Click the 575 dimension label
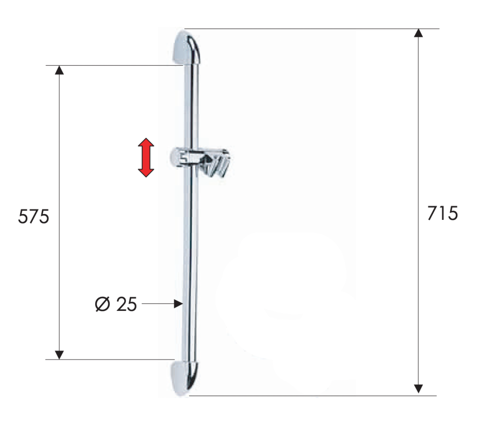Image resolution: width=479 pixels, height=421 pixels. (34, 216)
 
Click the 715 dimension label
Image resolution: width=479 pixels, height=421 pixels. (443, 213)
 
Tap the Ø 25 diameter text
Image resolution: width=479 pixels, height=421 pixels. (116, 304)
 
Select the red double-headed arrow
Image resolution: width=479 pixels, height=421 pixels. (146, 158)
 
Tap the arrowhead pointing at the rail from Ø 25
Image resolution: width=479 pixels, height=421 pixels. (178, 304)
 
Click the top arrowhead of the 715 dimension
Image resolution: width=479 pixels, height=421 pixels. (418, 33)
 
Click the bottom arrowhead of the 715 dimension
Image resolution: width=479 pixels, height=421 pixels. (418, 388)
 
